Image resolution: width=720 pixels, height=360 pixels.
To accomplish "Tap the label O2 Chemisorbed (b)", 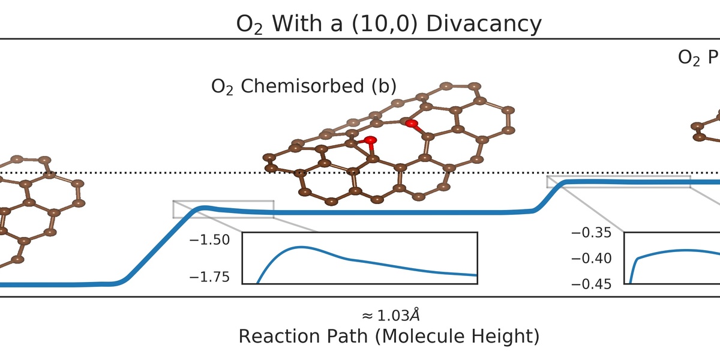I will [x=304, y=86].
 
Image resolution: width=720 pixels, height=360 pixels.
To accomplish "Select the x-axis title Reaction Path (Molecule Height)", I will [x=389, y=337].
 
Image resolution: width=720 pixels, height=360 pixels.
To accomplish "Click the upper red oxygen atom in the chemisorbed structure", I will [x=411, y=124].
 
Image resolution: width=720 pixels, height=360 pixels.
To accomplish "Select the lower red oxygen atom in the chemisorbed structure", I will [x=370, y=142].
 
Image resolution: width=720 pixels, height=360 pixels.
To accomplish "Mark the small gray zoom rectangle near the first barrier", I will [x=223, y=209].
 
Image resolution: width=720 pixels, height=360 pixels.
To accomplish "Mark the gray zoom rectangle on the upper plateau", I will [x=618, y=182].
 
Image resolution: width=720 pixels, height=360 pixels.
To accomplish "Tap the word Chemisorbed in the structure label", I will [x=301, y=86].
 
